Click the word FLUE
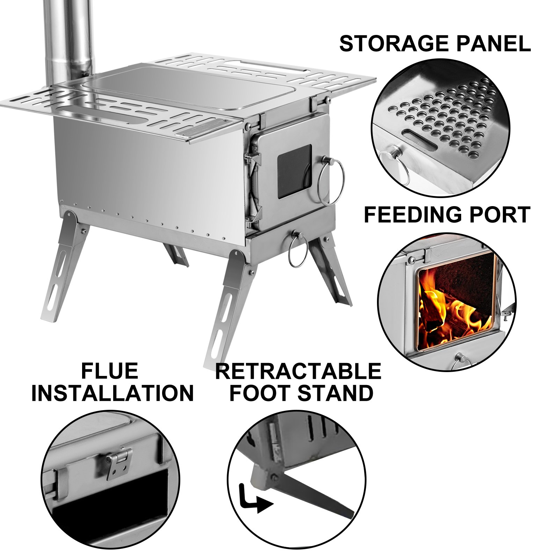click(x=109, y=371)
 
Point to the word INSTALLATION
click(x=112, y=393)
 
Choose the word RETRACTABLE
click(x=298, y=371)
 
